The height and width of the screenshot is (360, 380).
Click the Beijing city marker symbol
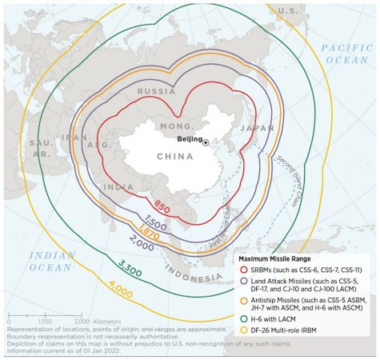[x=206, y=142]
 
